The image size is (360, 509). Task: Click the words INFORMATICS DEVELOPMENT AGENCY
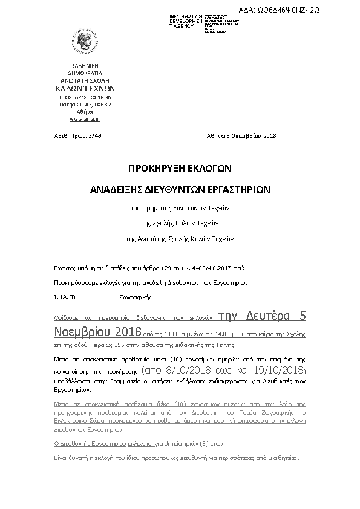[186, 21]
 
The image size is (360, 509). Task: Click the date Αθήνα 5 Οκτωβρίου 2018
[241, 135]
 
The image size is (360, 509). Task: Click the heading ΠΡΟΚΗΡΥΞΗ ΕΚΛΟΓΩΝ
[180, 167]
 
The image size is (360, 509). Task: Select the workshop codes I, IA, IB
[65, 297]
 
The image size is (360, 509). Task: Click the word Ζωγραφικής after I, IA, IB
[134, 297]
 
